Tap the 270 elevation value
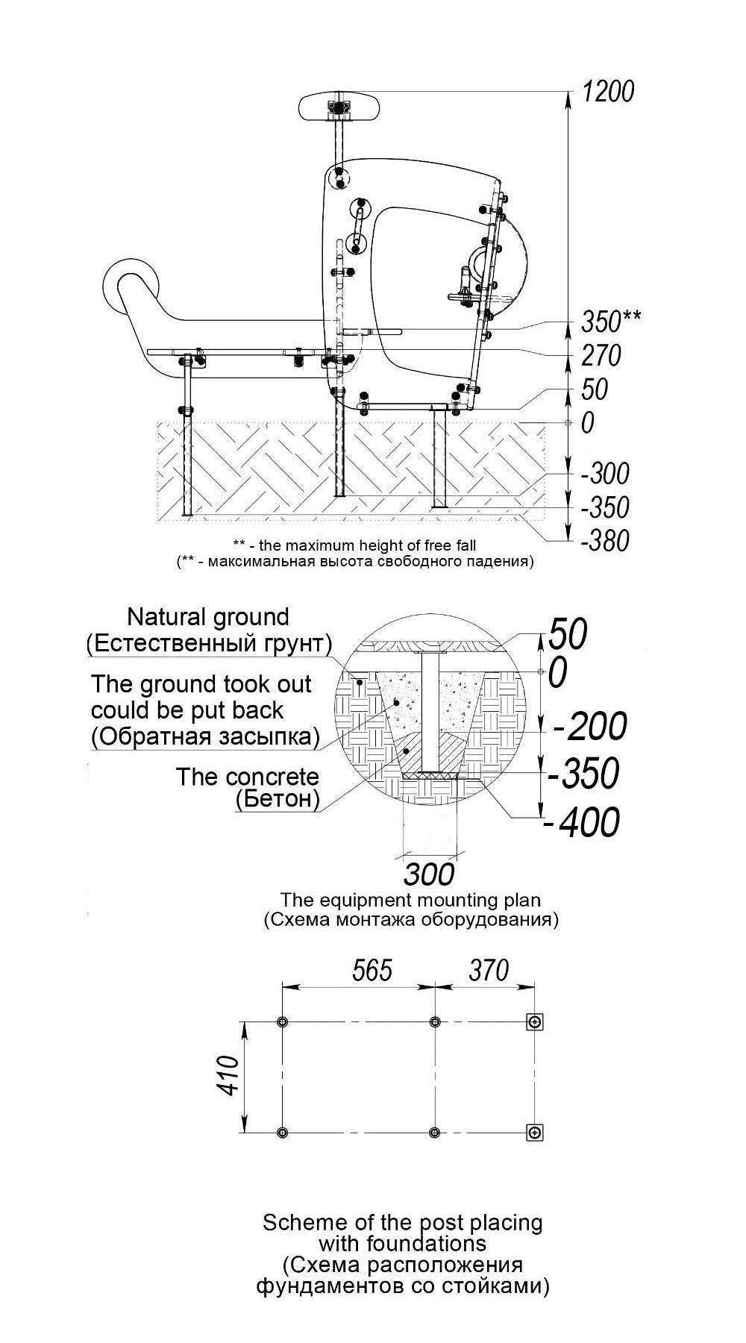click(601, 355)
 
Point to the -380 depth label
click(605, 540)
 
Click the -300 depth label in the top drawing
click(605, 473)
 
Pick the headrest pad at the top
click(340, 109)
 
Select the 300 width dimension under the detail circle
click(429, 873)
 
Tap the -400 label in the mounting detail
click(582, 822)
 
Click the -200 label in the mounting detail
click(589, 726)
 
